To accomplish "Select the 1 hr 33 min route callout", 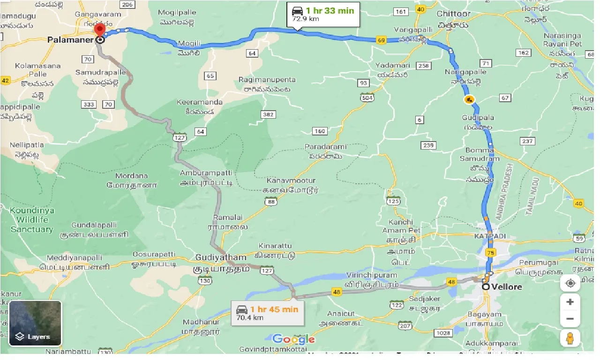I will click(323, 15).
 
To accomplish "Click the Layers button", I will click(35, 323).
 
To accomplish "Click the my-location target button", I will click(570, 283).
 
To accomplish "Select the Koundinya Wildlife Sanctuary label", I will click(32, 220).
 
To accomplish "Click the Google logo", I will click(293, 339).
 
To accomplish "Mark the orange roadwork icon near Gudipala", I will click(468, 100).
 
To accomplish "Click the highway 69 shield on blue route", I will click(381, 41).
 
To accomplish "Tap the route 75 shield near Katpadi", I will click(490, 253).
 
